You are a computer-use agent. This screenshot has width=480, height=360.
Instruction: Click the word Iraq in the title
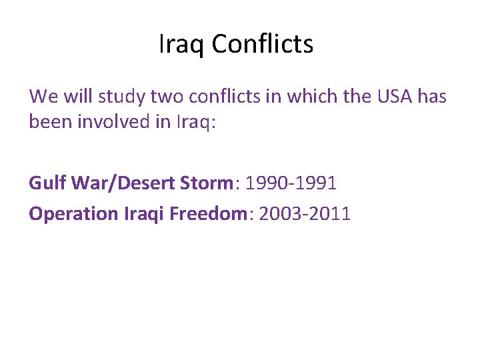tap(182, 45)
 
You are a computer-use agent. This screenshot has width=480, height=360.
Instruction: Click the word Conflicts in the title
tap(263, 45)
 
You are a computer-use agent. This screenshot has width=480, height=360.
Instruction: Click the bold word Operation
tap(73, 214)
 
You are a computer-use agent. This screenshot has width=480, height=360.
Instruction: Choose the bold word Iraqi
tap(145, 214)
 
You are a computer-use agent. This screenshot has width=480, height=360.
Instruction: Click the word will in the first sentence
tap(79, 97)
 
